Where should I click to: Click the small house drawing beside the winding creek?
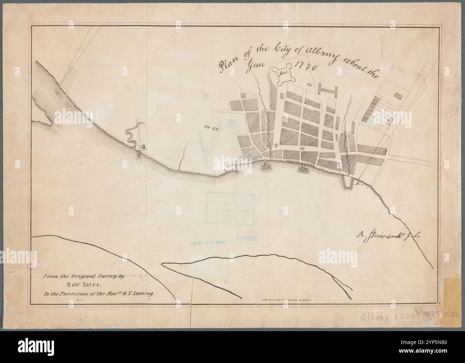coord(143,145)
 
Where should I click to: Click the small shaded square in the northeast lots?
coord(397,96)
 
